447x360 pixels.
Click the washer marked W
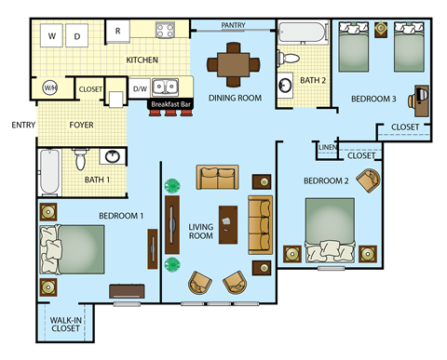coord(51,36)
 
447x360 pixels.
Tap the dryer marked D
coord(77,36)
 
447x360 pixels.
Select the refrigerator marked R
coord(118,30)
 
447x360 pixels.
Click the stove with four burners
coord(166,30)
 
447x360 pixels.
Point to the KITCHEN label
coord(142,60)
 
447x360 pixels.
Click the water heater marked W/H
coord(49,88)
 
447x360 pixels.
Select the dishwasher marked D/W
coord(139,89)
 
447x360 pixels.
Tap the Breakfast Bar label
coord(170,104)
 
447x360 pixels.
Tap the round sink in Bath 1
coord(111,155)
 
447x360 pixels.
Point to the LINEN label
coord(326,147)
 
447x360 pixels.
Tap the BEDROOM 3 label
coord(372,98)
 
